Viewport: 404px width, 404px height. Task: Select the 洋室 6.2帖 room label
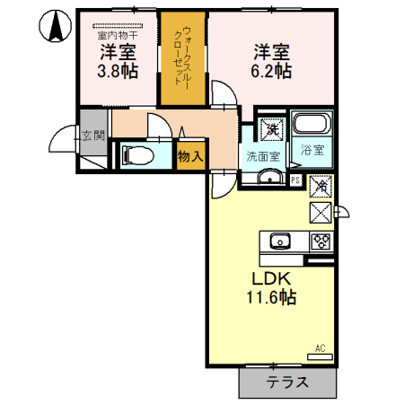(270, 61)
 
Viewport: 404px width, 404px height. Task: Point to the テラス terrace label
(287, 382)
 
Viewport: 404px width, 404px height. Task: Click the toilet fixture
(136, 154)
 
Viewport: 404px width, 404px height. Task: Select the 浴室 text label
(312, 153)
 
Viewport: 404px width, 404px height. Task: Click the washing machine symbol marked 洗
(270, 129)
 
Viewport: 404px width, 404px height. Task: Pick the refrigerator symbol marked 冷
(321, 188)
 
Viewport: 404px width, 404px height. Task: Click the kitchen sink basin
(279, 241)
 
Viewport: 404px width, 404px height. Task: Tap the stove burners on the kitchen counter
(321, 241)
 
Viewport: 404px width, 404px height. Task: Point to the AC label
(321, 347)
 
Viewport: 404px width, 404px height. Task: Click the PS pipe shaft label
(295, 180)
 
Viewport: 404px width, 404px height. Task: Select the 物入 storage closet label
(189, 156)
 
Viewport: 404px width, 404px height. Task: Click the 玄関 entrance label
(92, 136)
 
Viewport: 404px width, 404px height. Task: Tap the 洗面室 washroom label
(263, 155)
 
